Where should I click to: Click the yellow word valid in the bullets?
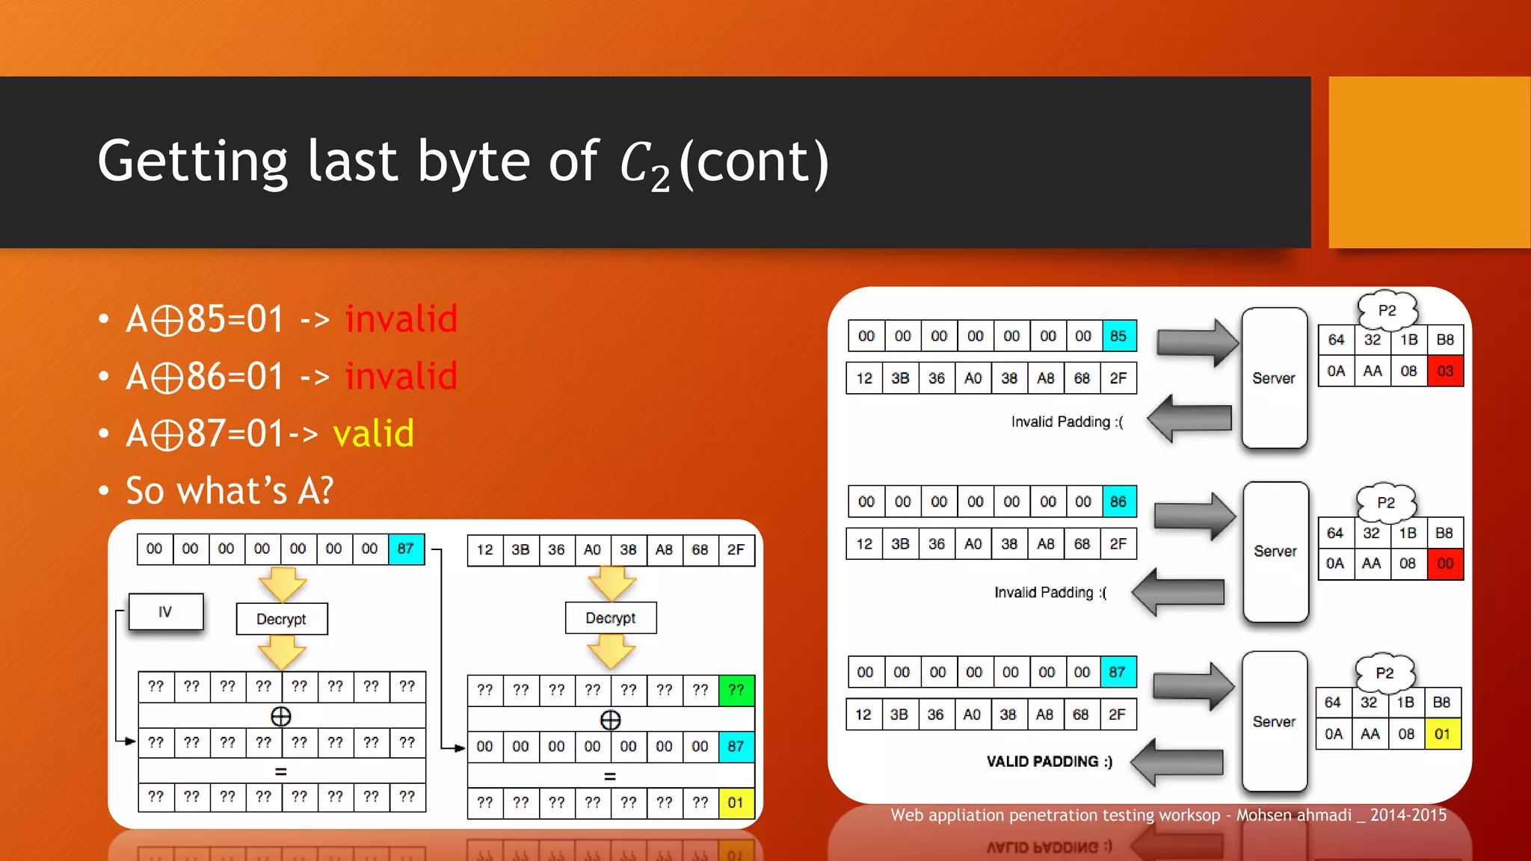[x=373, y=433]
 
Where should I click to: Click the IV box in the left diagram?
[x=165, y=612]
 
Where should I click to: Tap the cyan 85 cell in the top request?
[x=1118, y=336]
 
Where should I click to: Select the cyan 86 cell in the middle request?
[x=1118, y=502]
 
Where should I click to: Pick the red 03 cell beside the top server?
[x=1444, y=371]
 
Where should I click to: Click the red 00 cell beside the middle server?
[x=1444, y=564]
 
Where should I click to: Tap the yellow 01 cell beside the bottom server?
[x=1442, y=734]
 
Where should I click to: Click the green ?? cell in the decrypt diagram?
[x=736, y=690]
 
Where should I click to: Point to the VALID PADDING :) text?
[x=1049, y=762]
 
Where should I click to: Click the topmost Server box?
[x=1274, y=378]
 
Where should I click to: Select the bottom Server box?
[x=1274, y=721]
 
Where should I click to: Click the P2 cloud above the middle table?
[x=1386, y=502]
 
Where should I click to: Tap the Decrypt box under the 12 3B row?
[x=611, y=618]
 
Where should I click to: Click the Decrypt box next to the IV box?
[x=281, y=619]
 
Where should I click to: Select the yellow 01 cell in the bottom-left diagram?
[x=736, y=803]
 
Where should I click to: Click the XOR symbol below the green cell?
[x=610, y=720]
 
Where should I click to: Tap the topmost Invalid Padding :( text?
[x=1067, y=422]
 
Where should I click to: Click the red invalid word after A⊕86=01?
[x=401, y=376]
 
